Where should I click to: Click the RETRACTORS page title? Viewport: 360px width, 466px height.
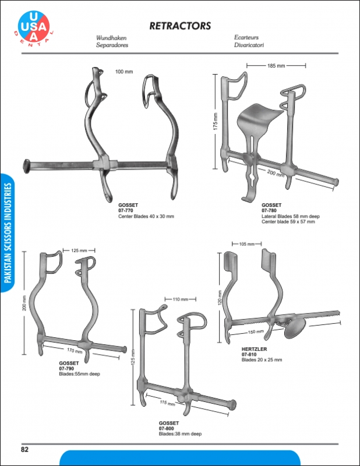(180, 26)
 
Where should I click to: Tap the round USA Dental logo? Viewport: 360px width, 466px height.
(34, 27)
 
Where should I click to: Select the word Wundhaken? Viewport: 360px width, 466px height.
(111, 38)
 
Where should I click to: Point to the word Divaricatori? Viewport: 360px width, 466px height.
(249, 45)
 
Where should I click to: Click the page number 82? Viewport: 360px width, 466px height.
(24, 449)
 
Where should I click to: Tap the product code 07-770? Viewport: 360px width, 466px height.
(126, 210)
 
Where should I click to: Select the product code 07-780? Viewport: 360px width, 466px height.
(269, 210)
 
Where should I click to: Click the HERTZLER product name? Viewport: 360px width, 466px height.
(254, 349)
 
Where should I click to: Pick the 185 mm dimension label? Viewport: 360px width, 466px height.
(276, 66)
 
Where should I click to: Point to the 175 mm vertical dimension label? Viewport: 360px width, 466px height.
(216, 121)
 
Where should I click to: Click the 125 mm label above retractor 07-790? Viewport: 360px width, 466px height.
(79, 250)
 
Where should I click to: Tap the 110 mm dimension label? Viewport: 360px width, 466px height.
(181, 299)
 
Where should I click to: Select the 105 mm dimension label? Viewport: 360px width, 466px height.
(247, 244)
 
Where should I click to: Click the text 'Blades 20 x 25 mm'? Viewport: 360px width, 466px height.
(262, 359)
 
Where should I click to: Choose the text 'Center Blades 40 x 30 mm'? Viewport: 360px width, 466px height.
(146, 216)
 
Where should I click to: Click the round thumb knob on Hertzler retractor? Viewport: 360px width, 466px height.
(295, 328)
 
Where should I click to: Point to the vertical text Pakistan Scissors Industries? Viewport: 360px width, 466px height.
(8, 232)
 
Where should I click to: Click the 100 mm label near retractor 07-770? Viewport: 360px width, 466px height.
(124, 72)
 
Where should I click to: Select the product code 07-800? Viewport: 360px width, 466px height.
(166, 429)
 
